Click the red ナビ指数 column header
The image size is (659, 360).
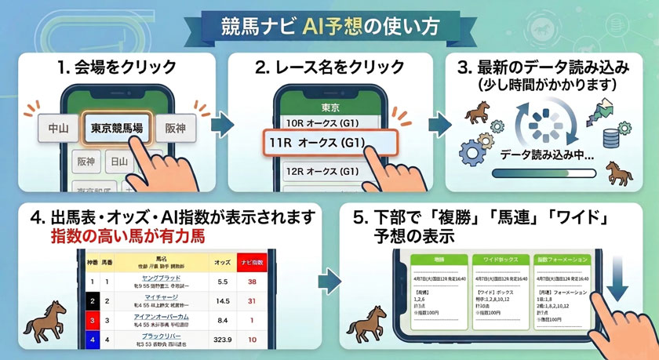pos(253,260)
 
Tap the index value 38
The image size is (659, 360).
pos(253,281)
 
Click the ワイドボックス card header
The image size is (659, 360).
pos(493,258)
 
